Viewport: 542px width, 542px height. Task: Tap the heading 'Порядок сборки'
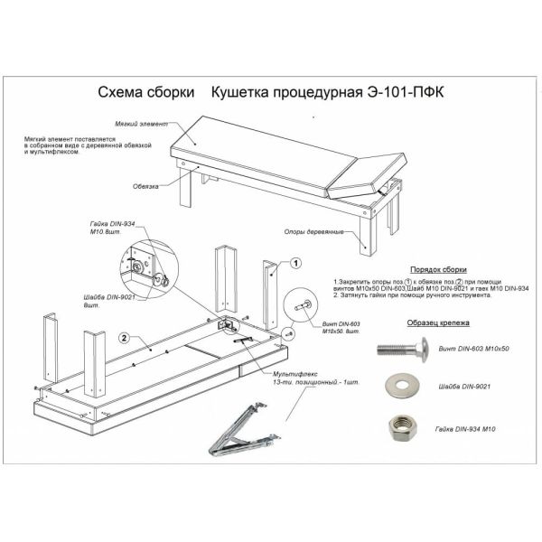(437, 269)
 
